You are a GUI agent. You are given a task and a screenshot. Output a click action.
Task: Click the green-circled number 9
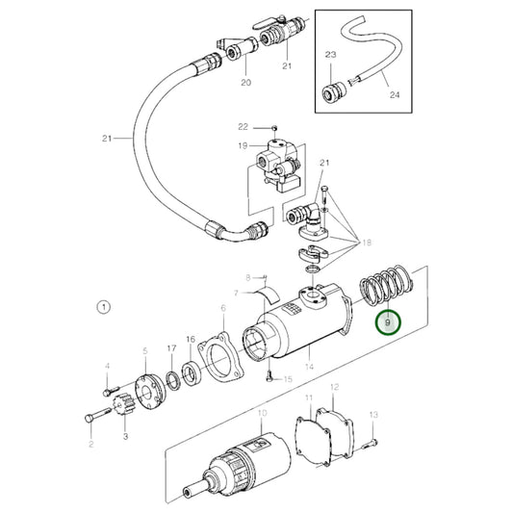tap(388, 324)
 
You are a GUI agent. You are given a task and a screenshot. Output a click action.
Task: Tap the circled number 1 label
tap(104, 307)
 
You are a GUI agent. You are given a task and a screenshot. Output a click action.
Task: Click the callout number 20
tap(245, 84)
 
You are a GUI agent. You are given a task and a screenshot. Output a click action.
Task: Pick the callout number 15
tap(287, 379)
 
